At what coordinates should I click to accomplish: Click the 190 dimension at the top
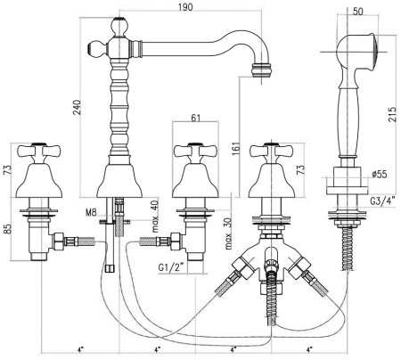click(185, 6)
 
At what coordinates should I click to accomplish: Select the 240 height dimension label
click(77, 108)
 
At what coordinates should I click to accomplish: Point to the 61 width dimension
click(195, 118)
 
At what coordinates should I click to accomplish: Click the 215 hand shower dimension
click(392, 114)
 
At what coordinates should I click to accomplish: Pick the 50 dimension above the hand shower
click(358, 12)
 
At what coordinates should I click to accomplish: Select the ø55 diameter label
click(380, 174)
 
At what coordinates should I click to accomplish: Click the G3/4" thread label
click(383, 201)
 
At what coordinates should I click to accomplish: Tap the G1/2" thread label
click(171, 267)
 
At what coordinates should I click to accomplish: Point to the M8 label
click(91, 212)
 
